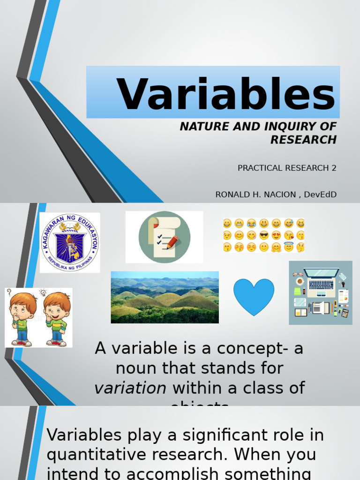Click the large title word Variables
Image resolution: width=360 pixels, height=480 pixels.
pyautogui.click(x=226, y=94)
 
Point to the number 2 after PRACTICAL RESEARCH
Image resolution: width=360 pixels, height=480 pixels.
pyautogui.click(x=334, y=168)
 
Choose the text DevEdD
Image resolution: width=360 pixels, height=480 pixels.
pyautogui.click(x=321, y=195)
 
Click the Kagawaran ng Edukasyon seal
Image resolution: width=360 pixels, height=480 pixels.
pyautogui.click(x=69, y=242)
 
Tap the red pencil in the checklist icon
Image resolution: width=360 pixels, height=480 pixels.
pyautogui.click(x=172, y=242)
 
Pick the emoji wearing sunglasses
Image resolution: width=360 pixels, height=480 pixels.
pyautogui.click(x=264, y=235)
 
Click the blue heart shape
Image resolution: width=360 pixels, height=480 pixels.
pyautogui.click(x=254, y=296)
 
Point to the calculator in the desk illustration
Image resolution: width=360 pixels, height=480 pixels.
pyautogui.click(x=345, y=313)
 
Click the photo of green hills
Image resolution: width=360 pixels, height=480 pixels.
pyautogui.click(x=165, y=297)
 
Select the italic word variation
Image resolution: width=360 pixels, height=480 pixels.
pyautogui.click(x=130, y=388)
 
